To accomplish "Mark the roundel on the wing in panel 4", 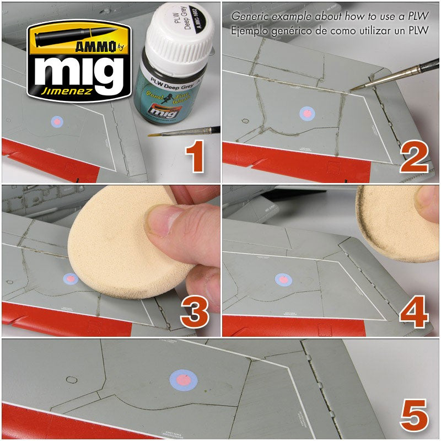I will pos(283,279).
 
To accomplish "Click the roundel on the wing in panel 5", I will pos(183,379).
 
